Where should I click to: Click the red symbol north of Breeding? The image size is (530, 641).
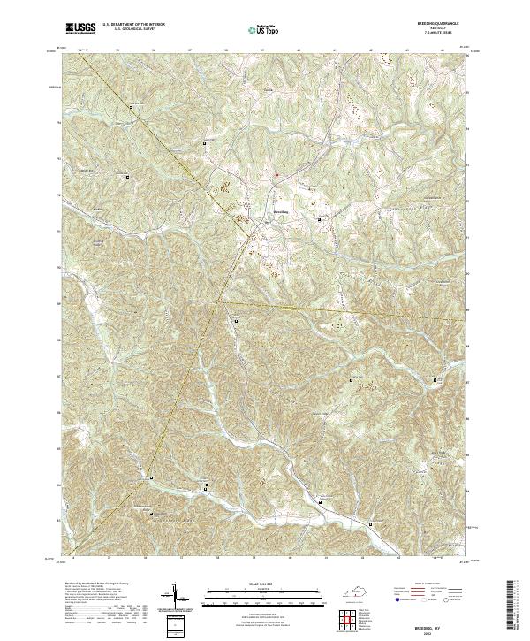point(275,174)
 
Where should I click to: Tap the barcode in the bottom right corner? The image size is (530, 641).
point(511,610)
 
